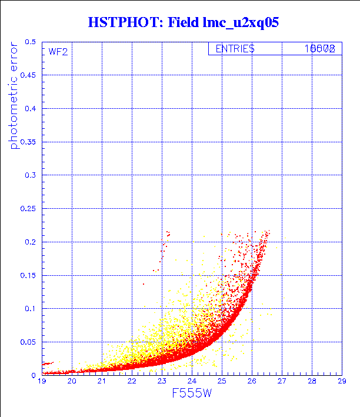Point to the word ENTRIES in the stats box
click(x=235, y=49)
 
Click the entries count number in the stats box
click(x=320, y=49)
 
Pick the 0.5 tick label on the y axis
click(x=30, y=42)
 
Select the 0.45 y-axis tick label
click(x=28, y=75)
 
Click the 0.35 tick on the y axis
click(x=28, y=142)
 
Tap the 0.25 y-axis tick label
click(x=28, y=208)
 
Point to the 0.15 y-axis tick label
click(x=28, y=275)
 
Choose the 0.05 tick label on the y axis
click(x=28, y=341)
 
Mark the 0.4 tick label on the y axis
click(x=30, y=109)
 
